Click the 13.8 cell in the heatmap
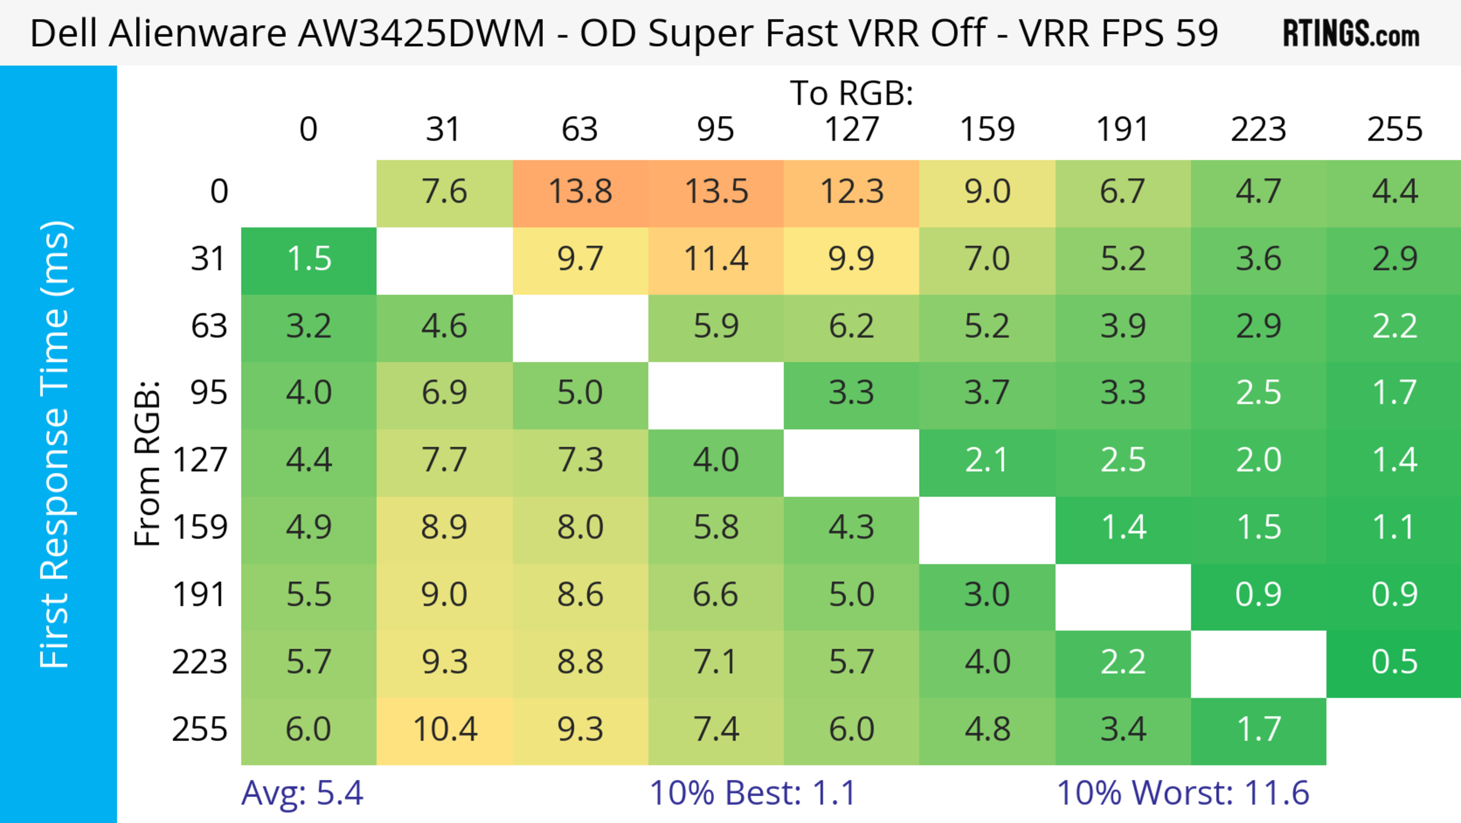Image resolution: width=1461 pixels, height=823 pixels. point(580,192)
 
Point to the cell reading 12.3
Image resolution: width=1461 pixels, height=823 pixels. point(851,192)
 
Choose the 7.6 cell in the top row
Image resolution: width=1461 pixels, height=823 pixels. point(445,192)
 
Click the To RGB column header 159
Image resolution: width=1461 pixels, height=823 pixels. point(987,129)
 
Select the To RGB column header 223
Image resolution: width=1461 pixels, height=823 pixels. point(1258,129)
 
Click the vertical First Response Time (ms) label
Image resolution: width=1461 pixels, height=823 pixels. point(55,444)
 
